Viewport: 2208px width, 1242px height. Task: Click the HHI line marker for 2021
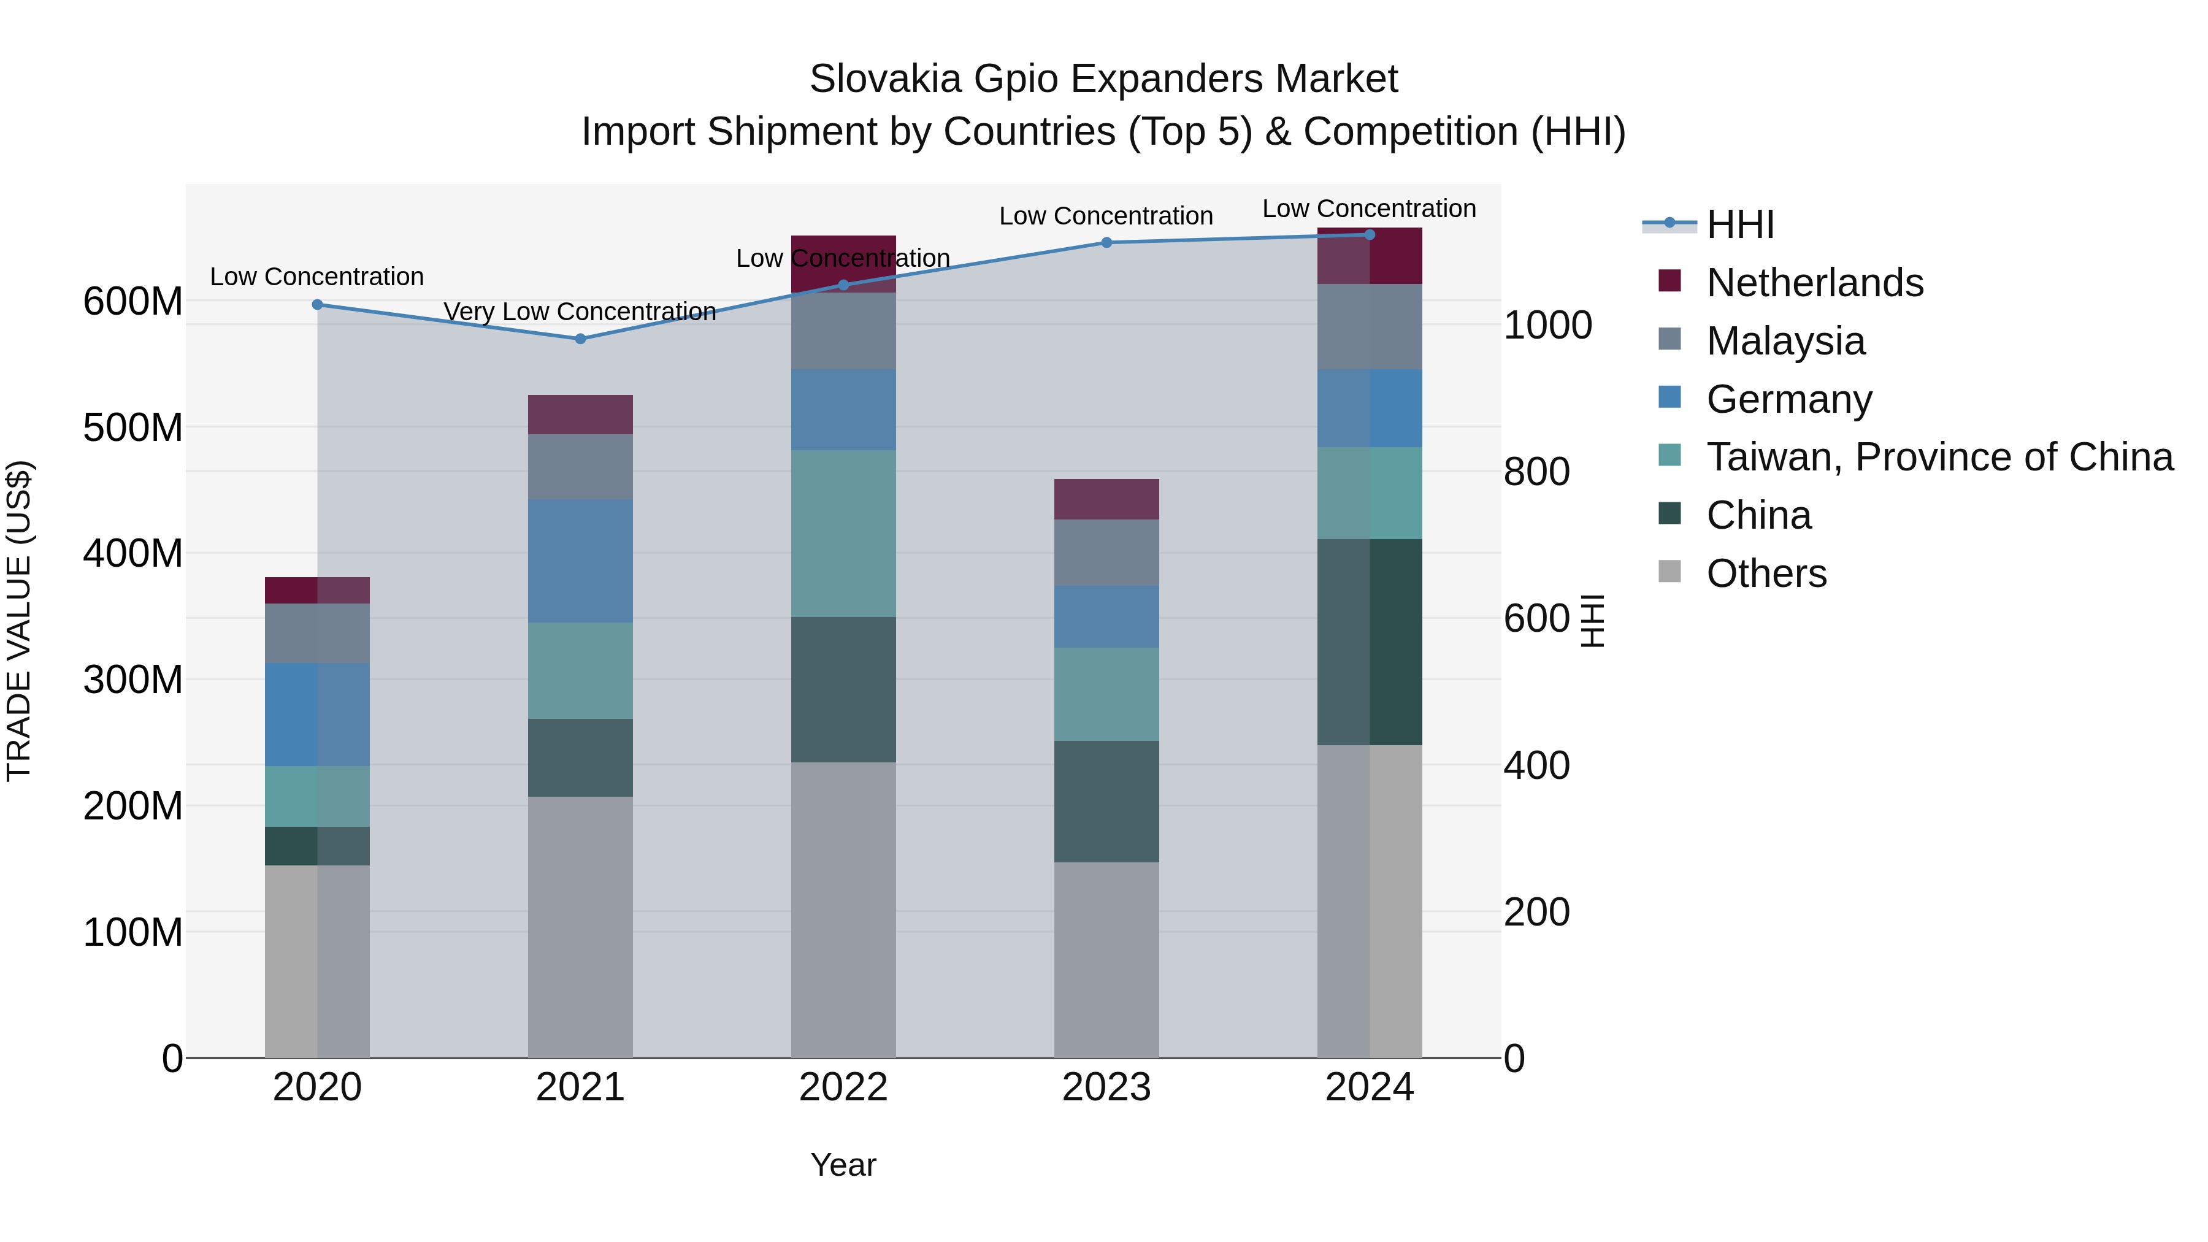[580, 339]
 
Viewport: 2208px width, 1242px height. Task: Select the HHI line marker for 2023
[1106, 242]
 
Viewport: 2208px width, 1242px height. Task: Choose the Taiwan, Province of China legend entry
[1939, 457]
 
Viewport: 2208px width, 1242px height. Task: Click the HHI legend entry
[1739, 224]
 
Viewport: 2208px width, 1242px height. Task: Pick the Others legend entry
[1766, 573]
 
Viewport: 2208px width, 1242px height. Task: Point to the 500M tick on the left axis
[133, 427]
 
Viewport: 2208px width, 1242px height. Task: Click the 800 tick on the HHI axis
[1536, 472]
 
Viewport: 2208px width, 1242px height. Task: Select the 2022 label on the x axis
[843, 1087]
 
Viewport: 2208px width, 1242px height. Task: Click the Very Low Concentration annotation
[580, 311]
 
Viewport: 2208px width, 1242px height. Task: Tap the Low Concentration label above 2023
[1106, 216]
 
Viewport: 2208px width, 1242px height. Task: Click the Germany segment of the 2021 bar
[580, 561]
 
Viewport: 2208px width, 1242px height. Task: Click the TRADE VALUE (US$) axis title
[19, 621]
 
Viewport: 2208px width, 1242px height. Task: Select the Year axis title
[843, 1165]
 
